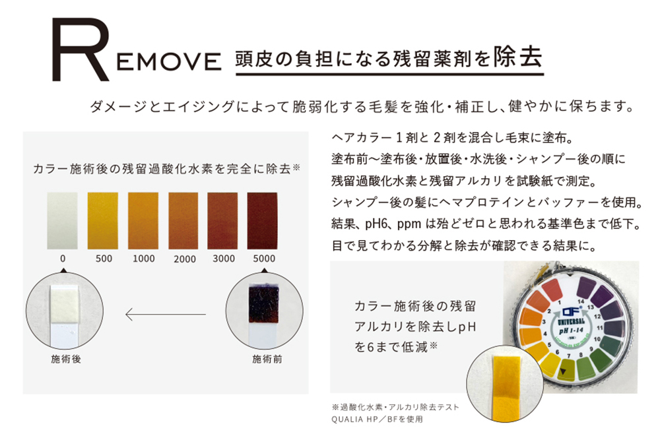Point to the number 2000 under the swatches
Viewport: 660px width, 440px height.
[185, 259]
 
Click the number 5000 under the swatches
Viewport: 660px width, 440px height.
[263, 259]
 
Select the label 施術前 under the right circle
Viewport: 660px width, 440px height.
[266, 360]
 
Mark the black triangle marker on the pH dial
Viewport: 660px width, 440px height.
[563, 373]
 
